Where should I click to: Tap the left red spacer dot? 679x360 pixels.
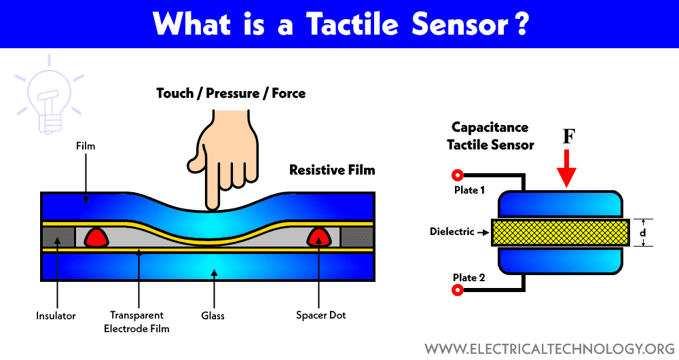(97, 236)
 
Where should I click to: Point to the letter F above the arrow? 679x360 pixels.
(569, 137)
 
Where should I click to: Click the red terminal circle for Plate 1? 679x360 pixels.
(458, 174)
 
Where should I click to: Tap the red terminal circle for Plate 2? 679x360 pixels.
(458, 290)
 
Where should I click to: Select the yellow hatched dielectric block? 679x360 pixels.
(559, 232)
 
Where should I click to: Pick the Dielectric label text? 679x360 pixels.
(452, 232)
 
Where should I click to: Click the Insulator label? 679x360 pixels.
(56, 315)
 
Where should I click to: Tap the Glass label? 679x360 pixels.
(213, 315)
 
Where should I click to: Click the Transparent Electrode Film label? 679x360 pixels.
(139, 321)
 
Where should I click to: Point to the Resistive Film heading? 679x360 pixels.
(332, 170)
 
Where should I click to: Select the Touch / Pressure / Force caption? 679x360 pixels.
(231, 93)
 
